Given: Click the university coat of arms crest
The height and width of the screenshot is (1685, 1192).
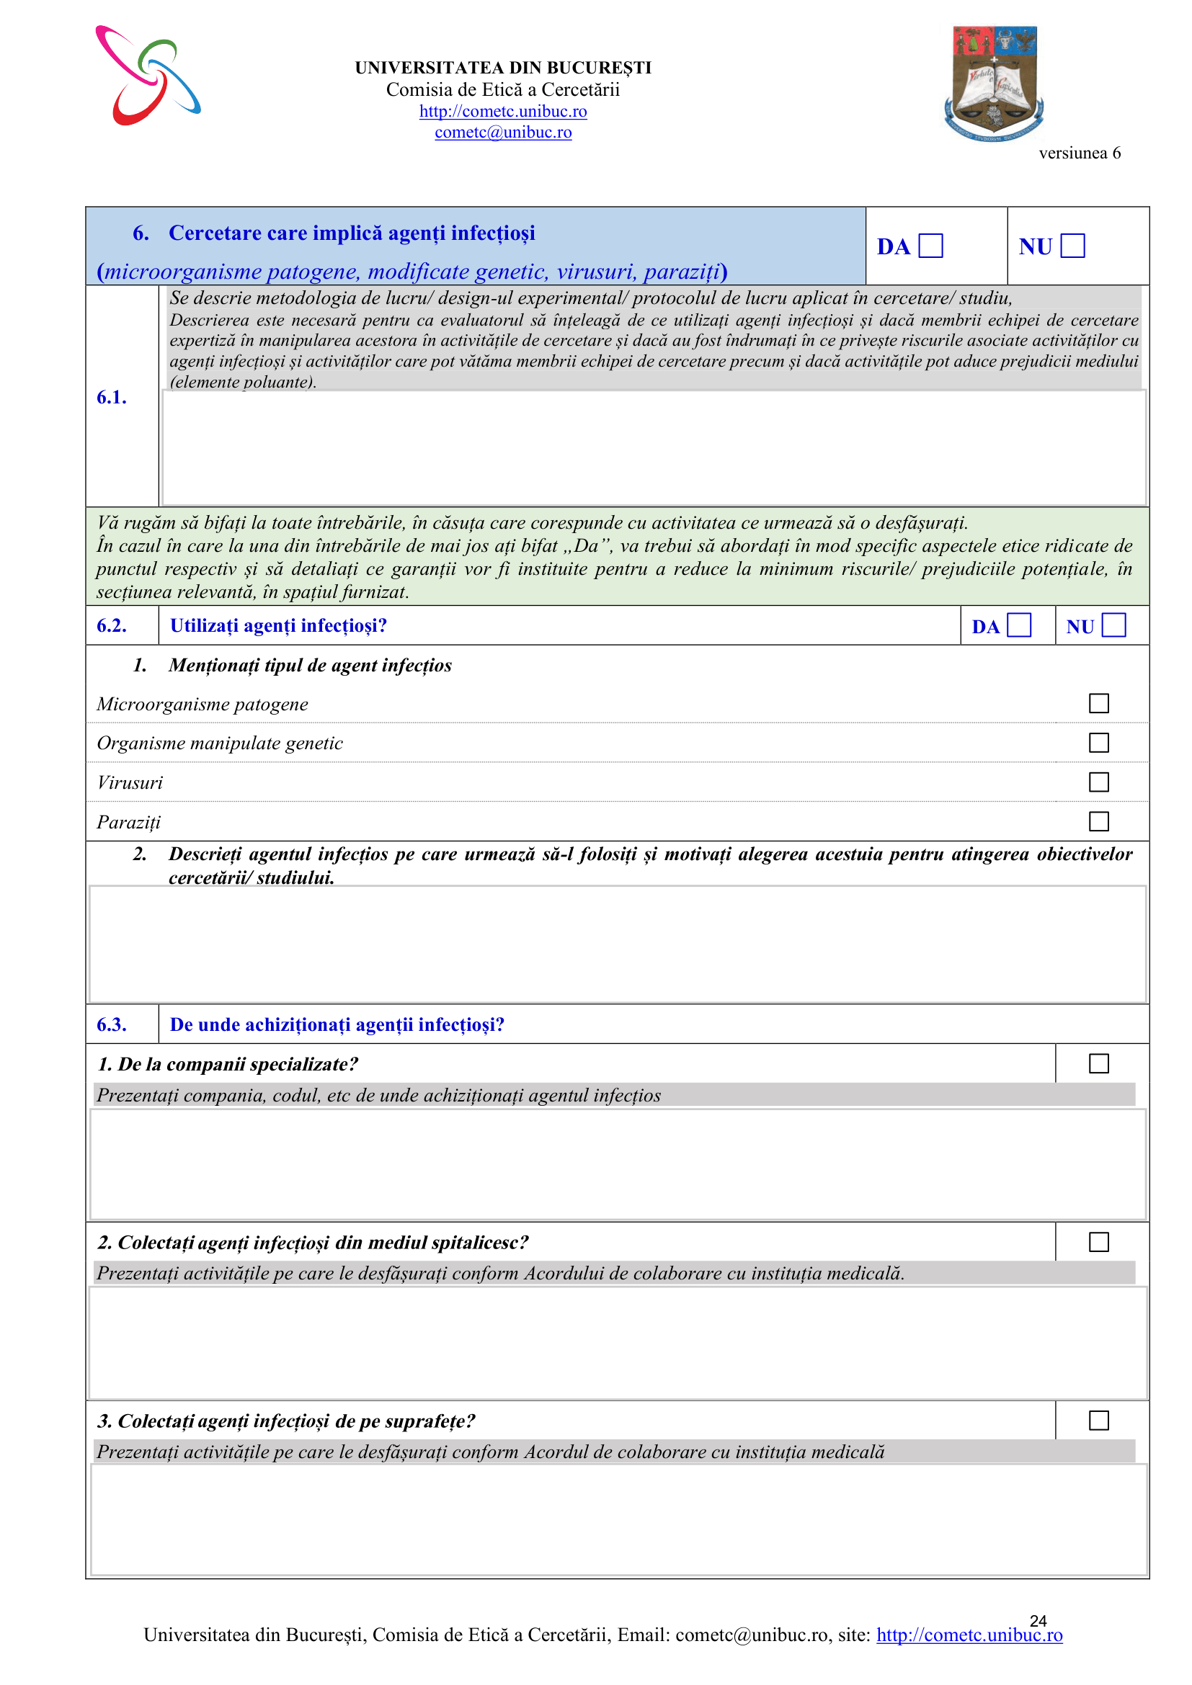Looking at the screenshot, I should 994,84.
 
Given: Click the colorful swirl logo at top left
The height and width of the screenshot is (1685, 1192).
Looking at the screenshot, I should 148,76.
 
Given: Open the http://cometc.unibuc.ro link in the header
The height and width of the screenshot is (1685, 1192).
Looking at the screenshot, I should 503,112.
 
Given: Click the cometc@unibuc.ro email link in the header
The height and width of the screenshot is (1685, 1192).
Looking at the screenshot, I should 503,133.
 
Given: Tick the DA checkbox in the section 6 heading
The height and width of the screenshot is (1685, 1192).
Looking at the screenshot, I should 930,246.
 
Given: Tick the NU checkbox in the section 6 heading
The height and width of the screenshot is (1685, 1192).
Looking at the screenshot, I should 1072,246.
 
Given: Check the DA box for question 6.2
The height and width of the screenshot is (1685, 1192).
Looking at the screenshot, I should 1019,625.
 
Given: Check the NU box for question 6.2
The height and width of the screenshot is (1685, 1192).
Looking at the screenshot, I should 1113,625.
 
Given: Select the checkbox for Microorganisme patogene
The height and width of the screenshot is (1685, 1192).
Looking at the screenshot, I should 1099,704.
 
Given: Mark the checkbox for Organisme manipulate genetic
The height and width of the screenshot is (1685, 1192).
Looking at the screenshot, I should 1099,743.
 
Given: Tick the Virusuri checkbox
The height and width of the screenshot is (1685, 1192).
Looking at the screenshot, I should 1099,782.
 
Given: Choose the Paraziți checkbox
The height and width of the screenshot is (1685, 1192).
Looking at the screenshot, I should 1099,821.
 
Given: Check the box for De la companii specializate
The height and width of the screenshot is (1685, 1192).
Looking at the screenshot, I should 1099,1063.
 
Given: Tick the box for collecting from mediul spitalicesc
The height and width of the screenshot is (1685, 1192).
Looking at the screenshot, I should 1099,1242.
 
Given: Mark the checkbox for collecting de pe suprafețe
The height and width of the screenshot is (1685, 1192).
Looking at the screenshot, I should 1099,1421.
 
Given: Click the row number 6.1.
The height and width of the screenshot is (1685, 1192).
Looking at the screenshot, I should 112,398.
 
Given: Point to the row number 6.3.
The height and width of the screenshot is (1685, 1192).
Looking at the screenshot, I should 112,1024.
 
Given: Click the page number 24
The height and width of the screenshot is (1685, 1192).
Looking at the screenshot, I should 1038,1620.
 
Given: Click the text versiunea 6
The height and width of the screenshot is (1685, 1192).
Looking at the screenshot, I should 1079,153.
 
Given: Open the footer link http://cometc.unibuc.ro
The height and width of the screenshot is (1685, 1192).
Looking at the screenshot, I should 969,1635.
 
